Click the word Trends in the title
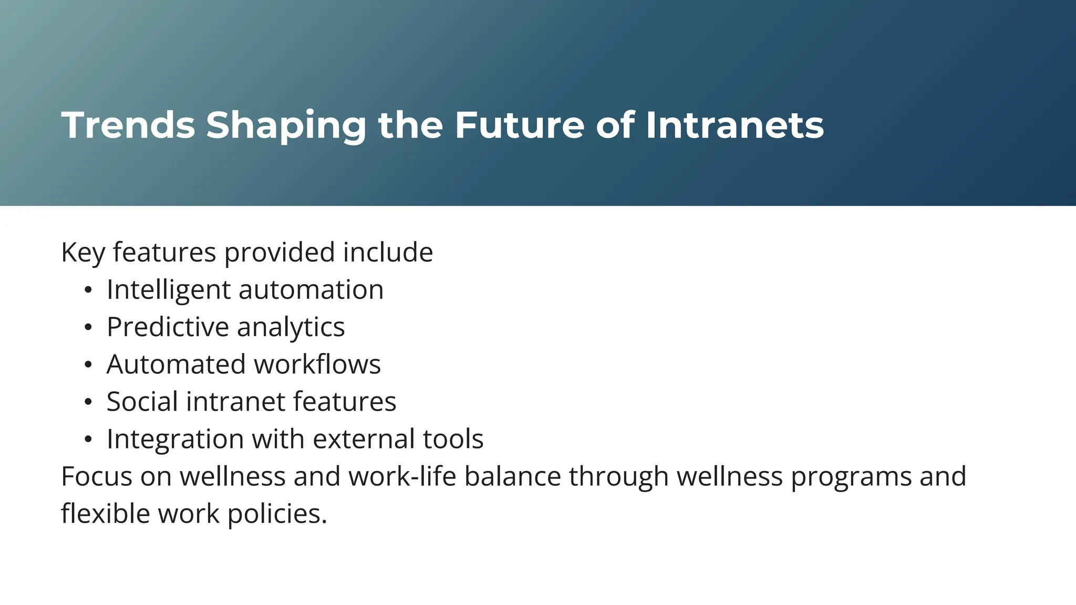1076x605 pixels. [x=128, y=126]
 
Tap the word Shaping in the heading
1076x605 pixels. [x=286, y=126]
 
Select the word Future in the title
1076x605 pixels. [x=519, y=126]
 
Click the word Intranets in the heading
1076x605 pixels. [x=734, y=126]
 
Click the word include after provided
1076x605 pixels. [x=388, y=253]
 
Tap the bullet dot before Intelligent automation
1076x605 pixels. [x=88, y=290]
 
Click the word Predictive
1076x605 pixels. [x=167, y=327]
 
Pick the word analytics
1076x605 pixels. [x=291, y=327]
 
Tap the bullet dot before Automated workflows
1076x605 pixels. [x=88, y=364]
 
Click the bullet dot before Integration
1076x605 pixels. [x=88, y=439]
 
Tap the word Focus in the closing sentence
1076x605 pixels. [x=96, y=477]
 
